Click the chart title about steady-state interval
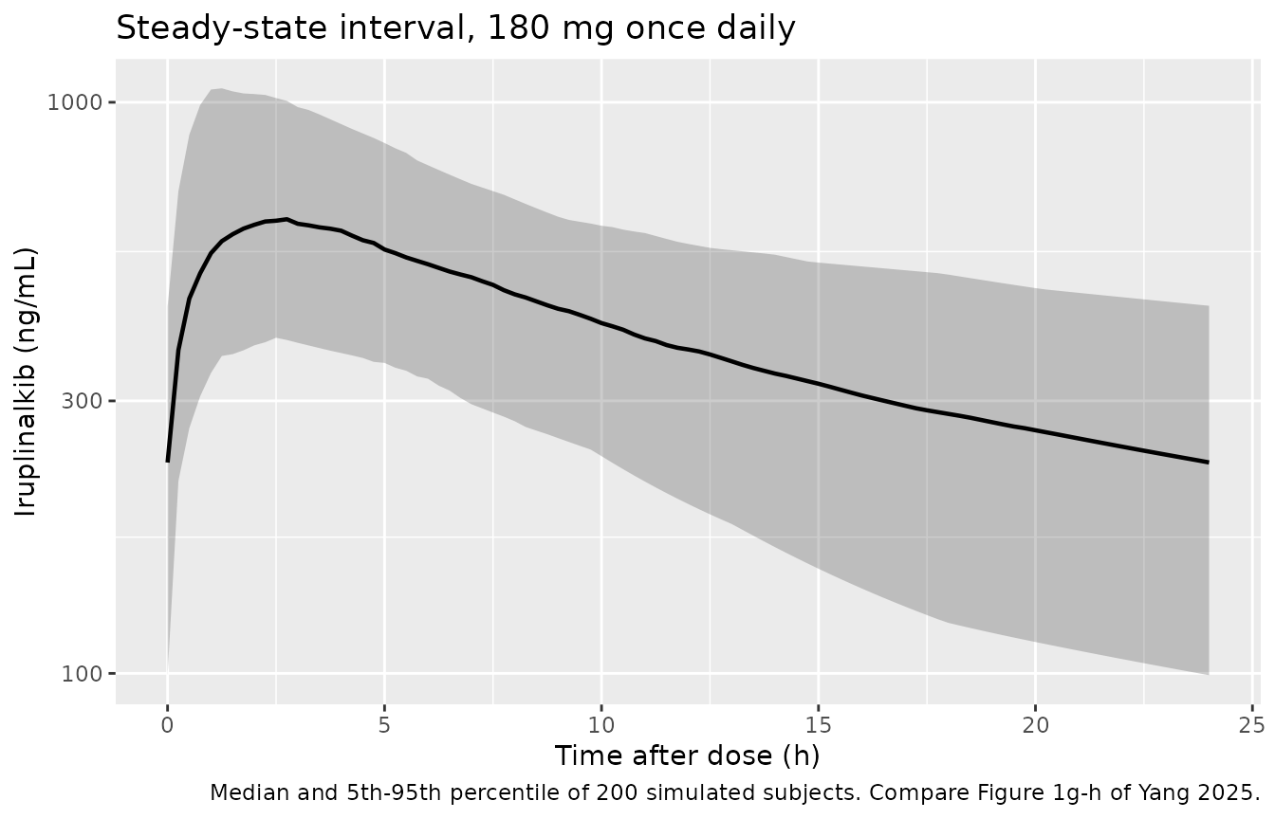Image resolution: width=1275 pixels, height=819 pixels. pyautogui.click(x=455, y=27)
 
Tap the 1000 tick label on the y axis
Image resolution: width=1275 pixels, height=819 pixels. pyautogui.click(x=75, y=103)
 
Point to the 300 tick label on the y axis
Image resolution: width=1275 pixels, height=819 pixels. pyautogui.click(x=82, y=402)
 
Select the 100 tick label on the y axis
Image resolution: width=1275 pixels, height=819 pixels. pyautogui.click(x=82, y=674)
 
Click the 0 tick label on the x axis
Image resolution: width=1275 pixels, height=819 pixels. pyautogui.click(x=167, y=726)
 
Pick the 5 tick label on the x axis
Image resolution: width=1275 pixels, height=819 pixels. pyautogui.click(x=385, y=726)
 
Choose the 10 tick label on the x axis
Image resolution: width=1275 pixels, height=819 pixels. pyautogui.click(x=601, y=726)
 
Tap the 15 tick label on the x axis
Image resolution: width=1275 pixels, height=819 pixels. pyautogui.click(x=819, y=726)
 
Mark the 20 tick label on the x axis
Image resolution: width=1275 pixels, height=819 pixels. pyautogui.click(x=1035, y=726)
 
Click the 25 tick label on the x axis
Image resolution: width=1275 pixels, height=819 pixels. pyautogui.click(x=1252, y=726)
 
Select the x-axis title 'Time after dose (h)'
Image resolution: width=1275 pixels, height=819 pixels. pyautogui.click(x=688, y=757)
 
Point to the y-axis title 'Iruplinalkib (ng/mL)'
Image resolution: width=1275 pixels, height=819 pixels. pyautogui.click(x=25, y=382)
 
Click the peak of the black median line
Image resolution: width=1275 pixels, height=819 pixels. pyautogui.click(x=286, y=219)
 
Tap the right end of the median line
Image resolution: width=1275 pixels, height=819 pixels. pyautogui.click(x=1208, y=462)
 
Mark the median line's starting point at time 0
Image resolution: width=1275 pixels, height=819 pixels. pyautogui.click(x=167, y=462)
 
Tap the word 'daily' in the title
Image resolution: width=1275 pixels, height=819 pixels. pyautogui.click(x=756, y=29)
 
